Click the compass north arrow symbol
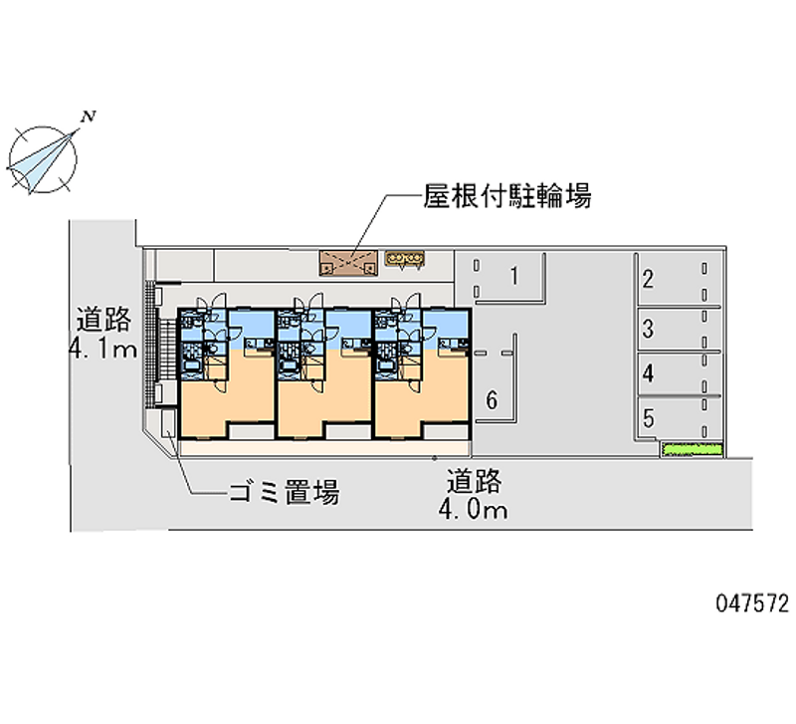click(46, 157)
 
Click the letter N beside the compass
click(90, 118)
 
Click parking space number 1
click(513, 276)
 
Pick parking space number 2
click(648, 279)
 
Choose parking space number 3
click(648, 328)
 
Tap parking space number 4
click(648, 374)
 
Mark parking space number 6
click(491, 400)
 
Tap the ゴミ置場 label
click(284, 491)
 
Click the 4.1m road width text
click(101, 350)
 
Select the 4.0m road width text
click(476, 511)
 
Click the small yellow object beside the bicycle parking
click(406, 260)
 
